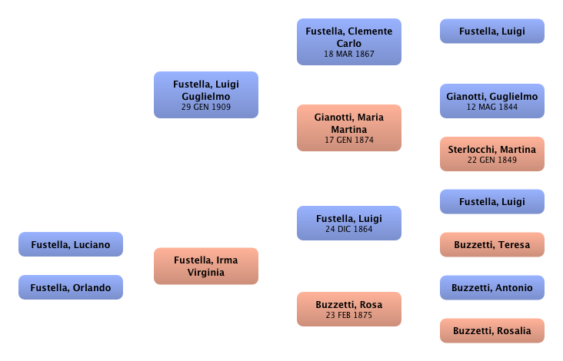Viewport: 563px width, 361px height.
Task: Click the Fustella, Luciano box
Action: (x=71, y=245)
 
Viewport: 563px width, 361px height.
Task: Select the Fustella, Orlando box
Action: (x=71, y=288)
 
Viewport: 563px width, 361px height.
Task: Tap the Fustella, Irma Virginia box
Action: (x=205, y=266)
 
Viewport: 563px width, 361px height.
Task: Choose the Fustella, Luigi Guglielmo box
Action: (x=205, y=95)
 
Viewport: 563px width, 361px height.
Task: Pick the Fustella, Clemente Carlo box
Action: (x=348, y=41)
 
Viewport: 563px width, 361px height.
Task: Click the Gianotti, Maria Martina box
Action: (x=348, y=128)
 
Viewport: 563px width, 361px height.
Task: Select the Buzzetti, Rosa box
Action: (x=348, y=310)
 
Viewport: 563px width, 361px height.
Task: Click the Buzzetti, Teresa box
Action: (x=491, y=244)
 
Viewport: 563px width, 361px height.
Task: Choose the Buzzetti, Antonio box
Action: (x=491, y=288)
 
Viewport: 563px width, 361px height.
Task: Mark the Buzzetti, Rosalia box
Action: (x=491, y=331)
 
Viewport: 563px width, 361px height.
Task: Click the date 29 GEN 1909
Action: (x=205, y=108)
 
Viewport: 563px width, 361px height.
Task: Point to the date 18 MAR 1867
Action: (x=348, y=55)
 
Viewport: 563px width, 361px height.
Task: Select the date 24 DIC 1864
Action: (x=348, y=230)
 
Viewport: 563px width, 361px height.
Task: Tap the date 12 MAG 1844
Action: (x=491, y=107)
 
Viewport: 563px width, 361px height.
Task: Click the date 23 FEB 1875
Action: (x=348, y=316)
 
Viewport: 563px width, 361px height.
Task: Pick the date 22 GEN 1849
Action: (x=491, y=160)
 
